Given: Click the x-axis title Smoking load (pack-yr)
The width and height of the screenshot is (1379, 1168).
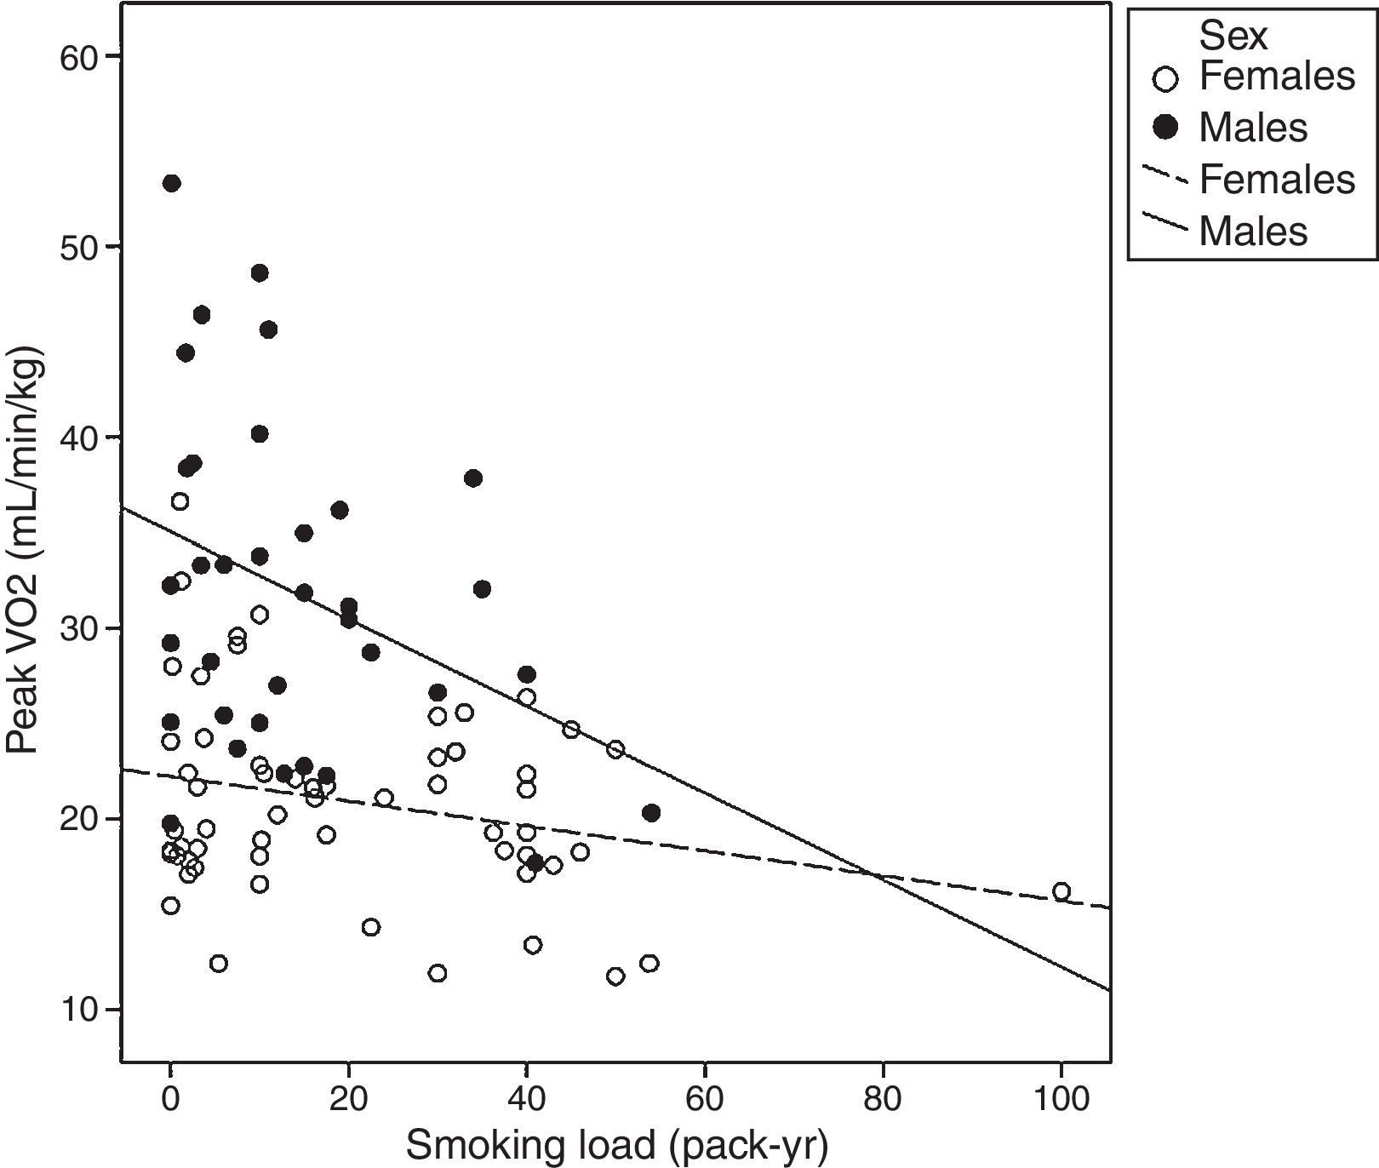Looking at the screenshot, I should click(x=616, y=1145).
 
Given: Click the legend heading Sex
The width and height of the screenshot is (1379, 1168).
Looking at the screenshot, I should click(x=1233, y=36).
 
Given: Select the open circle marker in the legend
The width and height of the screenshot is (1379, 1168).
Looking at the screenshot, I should click(x=1164, y=79).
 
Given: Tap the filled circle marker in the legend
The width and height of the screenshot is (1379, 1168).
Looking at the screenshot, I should click(x=1164, y=128).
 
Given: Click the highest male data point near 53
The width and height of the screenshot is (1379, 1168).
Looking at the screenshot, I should click(x=171, y=183).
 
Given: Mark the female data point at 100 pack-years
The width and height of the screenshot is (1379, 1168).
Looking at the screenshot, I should click(x=1061, y=891).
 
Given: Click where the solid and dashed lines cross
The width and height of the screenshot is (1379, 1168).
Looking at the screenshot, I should click(x=877, y=875).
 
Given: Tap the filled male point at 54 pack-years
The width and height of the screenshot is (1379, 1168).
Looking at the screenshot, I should click(x=651, y=813).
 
